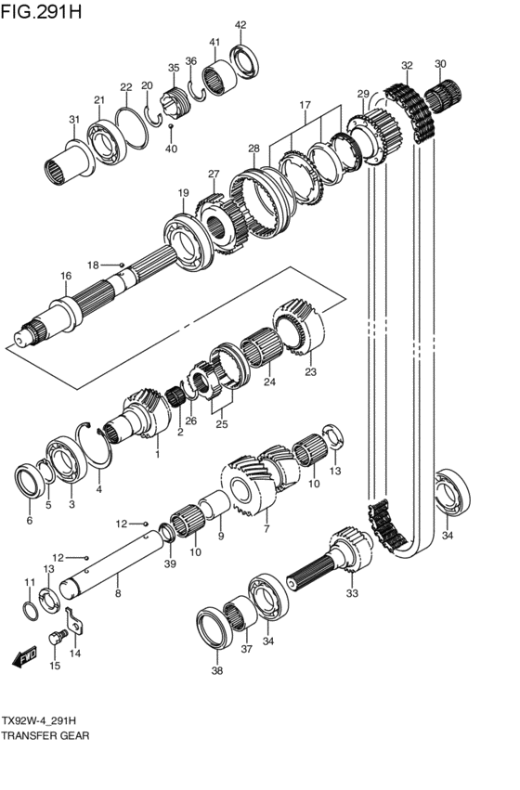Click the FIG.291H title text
tap(40, 11)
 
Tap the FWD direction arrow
tap(25, 656)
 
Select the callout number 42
tap(240, 25)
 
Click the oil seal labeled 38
tap(214, 628)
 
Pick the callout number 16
tap(66, 276)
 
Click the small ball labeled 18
tap(122, 264)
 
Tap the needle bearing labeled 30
tap(443, 95)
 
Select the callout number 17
tap(305, 105)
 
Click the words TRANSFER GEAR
tap(45, 735)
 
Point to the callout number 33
tap(352, 593)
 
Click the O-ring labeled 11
tap(31, 611)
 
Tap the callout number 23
tap(310, 372)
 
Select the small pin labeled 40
tap(171, 125)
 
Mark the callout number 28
tap(253, 149)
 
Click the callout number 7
tap(266, 528)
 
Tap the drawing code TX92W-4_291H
tap(39, 720)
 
